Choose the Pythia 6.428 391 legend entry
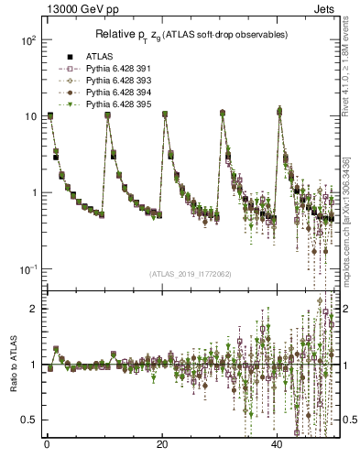pyautogui.click(x=110, y=69)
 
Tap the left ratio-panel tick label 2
pyautogui.click(x=32, y=309)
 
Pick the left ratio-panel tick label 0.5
pyautogui.click(x=27, y=420)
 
